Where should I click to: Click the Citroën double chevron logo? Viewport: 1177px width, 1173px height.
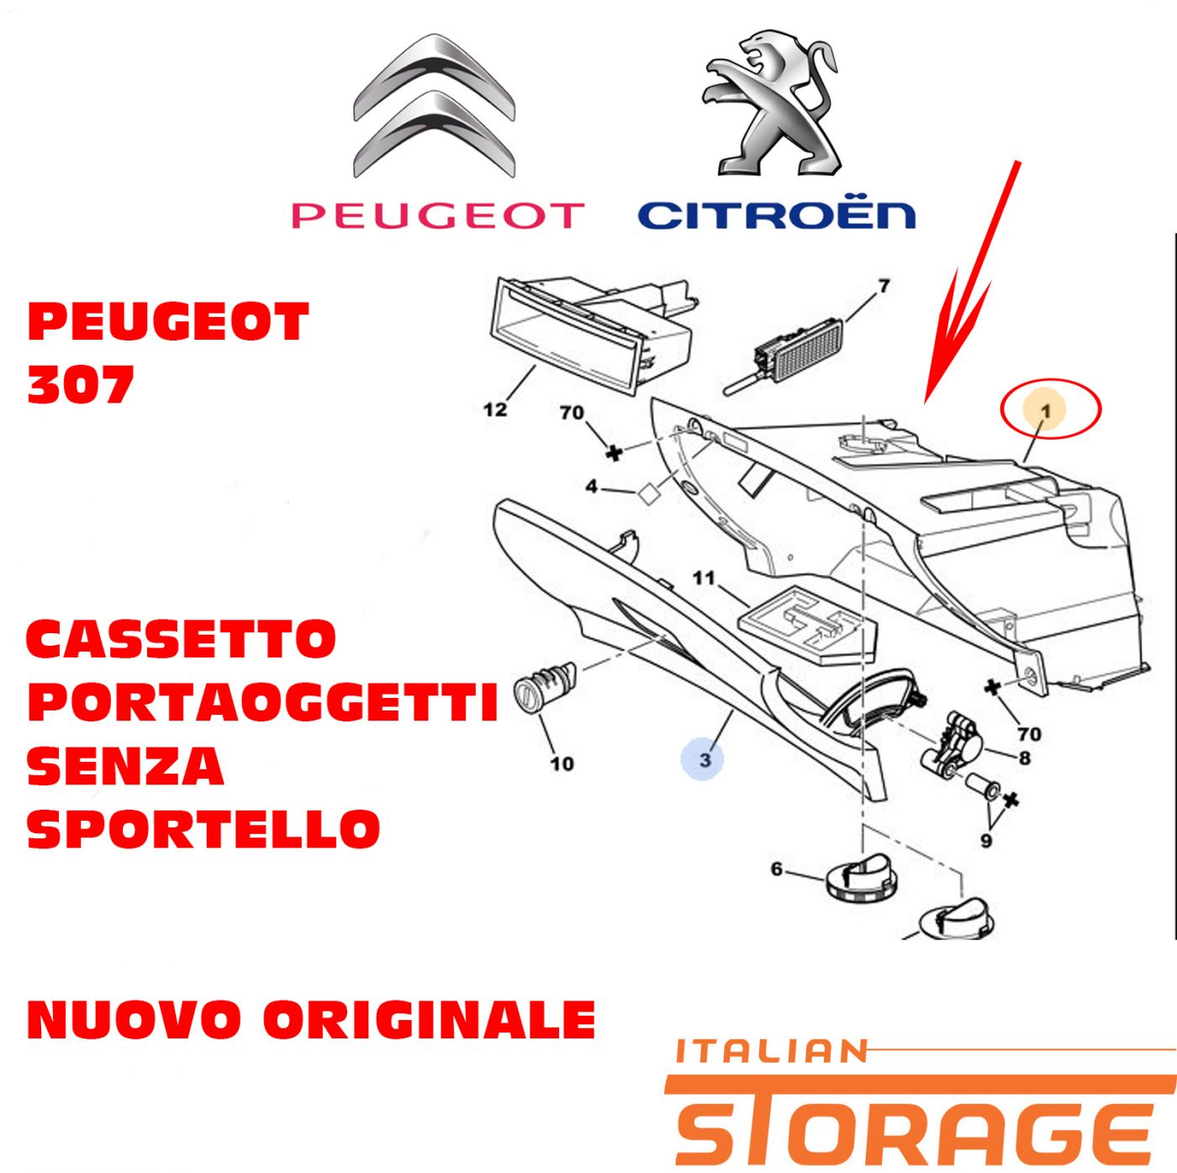click(x=435, y=106)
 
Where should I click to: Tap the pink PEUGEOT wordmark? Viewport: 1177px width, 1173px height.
click(x=438, y=215)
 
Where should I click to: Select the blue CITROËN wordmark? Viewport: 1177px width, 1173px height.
click(x=777, y=215)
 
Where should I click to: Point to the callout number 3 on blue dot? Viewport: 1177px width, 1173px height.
click(x=705, y=760)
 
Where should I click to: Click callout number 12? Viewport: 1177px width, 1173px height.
click(x=494, y=409)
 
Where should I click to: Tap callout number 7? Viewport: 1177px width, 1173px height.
click(x=884, y=286)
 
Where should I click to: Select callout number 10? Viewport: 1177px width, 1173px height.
click(x=562, y=763)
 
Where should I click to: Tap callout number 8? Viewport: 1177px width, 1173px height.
click(x=1024, y=758)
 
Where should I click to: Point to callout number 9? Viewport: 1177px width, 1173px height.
click(x=986, y=841)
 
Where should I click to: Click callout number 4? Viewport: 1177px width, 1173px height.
click(x=591, y=487)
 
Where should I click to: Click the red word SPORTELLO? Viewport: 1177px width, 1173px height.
click(x=204, y=828)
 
